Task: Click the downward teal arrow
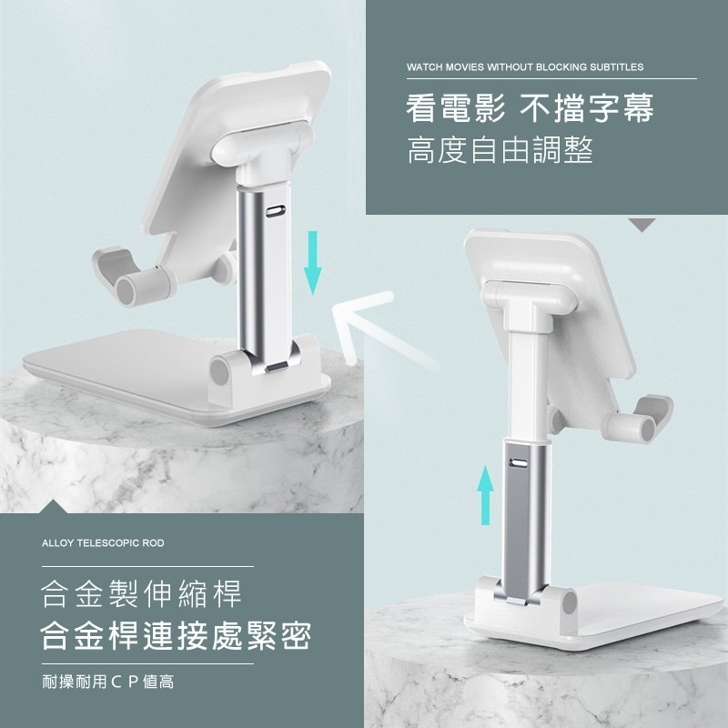[x=313, y=262]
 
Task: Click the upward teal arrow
[x=486, y=495]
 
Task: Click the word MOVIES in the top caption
[x=464, y=66]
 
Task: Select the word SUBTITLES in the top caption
[x=617, y=66]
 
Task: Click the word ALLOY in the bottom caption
[x=58, y=542]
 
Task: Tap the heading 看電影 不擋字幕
[x=530, y=108]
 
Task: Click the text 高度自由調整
[x=500, y=149]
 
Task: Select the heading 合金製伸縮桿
[x=141, y=593]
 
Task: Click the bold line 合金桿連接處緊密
[x=176, y=635]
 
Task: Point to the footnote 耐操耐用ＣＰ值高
[x=108, y=682]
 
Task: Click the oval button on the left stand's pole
[x=274, y=211]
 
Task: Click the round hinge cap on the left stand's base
[x=219, y=370]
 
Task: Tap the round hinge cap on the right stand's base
[x=570, y=602]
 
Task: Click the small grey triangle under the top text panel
[x=642, y=224]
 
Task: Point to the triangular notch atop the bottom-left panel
[x=54, y=507]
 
